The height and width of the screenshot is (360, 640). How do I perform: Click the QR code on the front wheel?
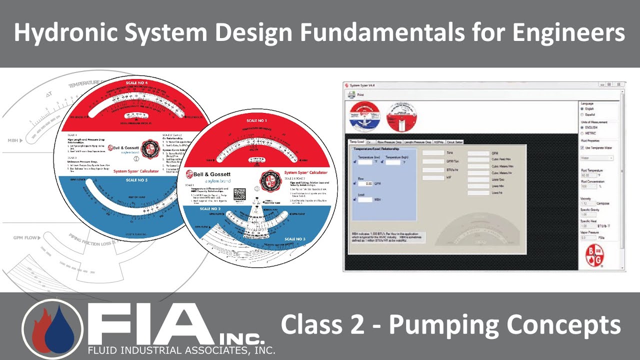(240, 194)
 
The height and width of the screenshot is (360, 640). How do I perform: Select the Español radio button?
(581, 114)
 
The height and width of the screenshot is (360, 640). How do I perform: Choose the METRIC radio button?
(581, 133)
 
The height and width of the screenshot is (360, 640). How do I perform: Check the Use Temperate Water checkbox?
(581, 147)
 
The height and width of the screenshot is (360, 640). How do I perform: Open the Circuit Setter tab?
(455, 142)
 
